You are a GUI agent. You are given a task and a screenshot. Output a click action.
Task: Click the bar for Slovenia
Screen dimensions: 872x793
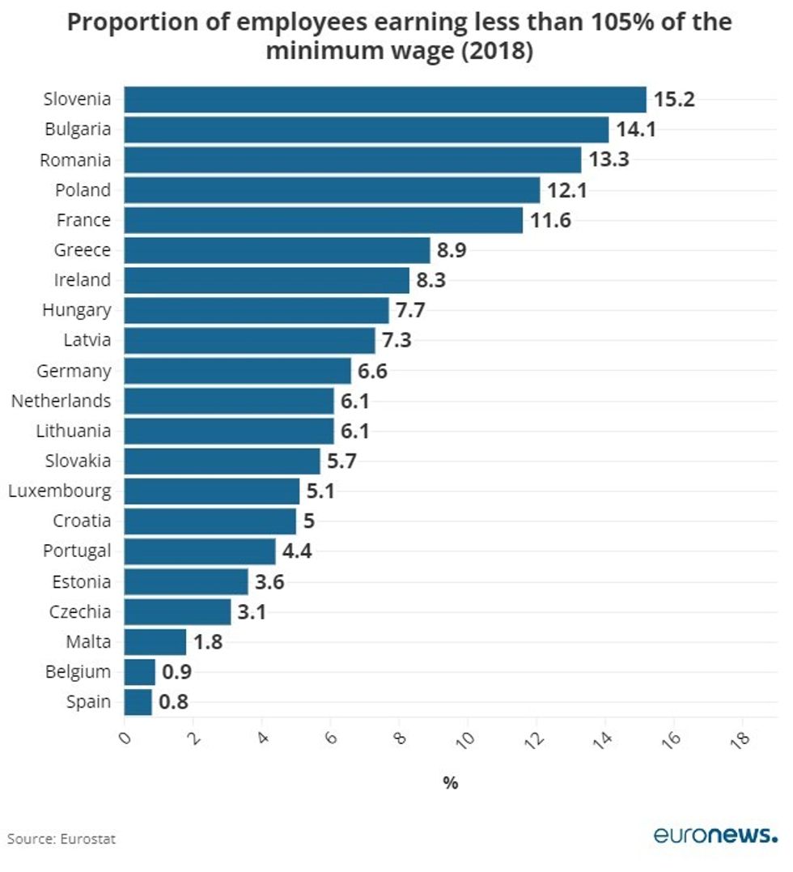click(x=385, y=100)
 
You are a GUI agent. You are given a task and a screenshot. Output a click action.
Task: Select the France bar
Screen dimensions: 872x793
click(x=324, y=220)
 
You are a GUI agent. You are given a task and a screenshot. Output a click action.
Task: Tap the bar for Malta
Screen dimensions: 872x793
click(x=155, y=642)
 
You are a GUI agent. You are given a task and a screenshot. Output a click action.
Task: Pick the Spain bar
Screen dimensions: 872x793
click(x=138, y=702)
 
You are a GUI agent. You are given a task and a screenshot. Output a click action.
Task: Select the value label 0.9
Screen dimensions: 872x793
click(x=176, y=672)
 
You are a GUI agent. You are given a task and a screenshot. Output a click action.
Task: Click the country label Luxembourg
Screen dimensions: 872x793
click(x=60, y=491)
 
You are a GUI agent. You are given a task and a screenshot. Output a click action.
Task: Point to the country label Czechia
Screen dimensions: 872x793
click(x=78, y=611)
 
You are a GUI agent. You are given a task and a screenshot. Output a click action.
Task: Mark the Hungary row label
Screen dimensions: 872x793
click(x=77, y=310)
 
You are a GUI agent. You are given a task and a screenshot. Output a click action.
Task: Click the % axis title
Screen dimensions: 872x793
click(x=450, y=783)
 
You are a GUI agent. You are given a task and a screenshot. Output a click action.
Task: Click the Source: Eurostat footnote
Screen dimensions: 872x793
click(x=61, y=839)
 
